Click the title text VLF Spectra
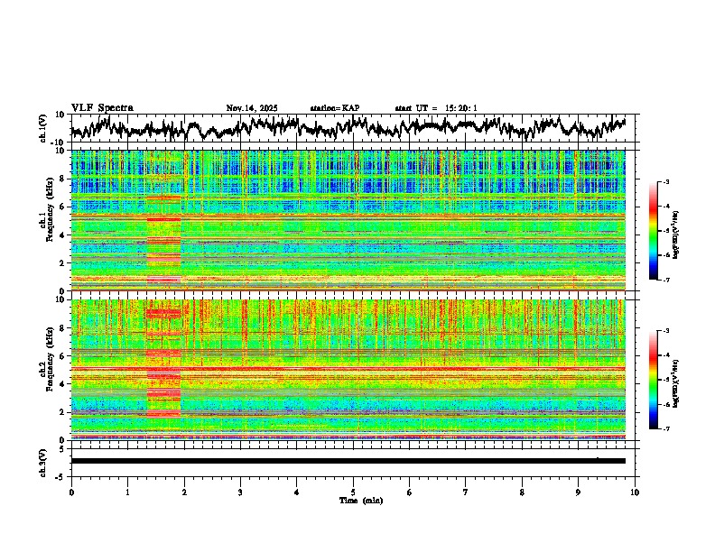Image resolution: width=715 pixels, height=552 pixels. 102,108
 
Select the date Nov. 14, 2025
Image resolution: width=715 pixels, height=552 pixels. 252,108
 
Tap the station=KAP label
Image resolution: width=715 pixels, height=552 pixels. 334,108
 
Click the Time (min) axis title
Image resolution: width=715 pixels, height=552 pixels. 360,500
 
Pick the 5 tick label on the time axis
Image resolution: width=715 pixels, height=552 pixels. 353,492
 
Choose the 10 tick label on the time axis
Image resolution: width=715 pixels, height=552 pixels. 635,492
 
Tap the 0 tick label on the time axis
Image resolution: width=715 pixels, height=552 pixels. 71,492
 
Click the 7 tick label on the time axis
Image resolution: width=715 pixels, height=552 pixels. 466,492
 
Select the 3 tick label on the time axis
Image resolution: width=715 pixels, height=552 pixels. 240,492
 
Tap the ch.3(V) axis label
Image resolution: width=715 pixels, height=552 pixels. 43,461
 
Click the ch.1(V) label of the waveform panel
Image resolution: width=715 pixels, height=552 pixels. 43,128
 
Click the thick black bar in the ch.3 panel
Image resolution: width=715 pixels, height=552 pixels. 348,461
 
